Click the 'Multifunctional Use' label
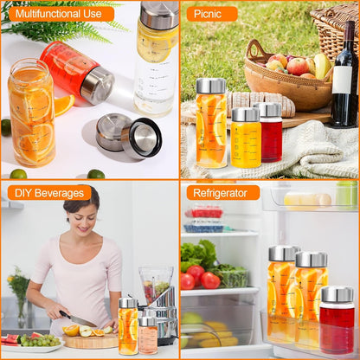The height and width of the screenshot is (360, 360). coord(59,14)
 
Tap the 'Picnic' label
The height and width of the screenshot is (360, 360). coord(208,14)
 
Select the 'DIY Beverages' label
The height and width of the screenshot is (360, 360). coord(49,193)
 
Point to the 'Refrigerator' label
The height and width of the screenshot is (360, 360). coord(220,193)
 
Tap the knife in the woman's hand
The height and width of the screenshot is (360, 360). coord(77,319)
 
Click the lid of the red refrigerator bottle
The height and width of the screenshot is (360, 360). coord(337,294)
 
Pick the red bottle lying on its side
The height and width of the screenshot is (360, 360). coord(76,72)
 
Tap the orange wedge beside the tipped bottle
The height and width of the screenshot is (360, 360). coord(64,105)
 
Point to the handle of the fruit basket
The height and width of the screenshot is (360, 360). coord(254,49)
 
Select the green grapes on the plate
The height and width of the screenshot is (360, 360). coord(40,341)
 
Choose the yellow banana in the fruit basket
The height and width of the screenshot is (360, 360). coord(323,66)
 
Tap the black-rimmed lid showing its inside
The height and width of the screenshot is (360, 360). coord(143,138)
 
